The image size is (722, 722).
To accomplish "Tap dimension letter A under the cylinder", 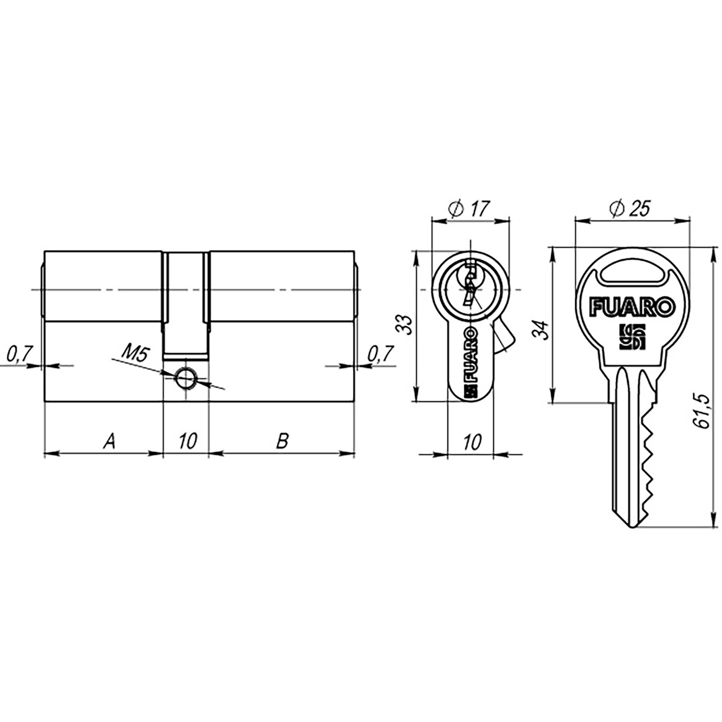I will (x=109, y=441).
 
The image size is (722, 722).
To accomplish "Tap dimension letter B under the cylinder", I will (x=282, y=441).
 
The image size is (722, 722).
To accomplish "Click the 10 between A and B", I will (x=188, y=441).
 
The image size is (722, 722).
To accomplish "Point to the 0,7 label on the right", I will (x=381, y=354).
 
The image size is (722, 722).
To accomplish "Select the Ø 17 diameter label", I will (x=470, y=209).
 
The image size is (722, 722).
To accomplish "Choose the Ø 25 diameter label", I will (x=630, y=209).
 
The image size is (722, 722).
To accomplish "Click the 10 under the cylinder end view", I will (x=472, y=443).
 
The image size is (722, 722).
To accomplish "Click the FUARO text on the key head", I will (x=633, y=307).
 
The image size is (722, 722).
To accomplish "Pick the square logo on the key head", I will (x=632, y=337).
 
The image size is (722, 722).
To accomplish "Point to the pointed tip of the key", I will (x=632, y=527).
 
